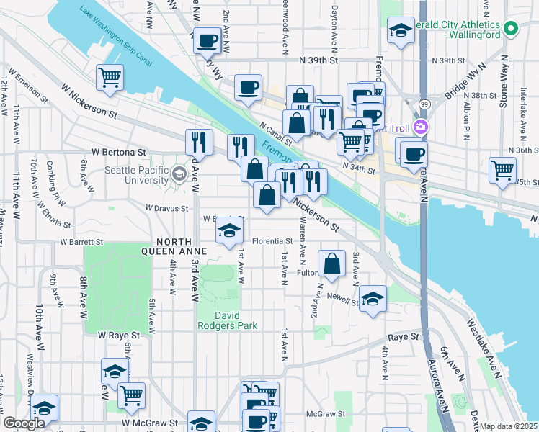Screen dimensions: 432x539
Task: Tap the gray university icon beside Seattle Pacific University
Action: (178, 174)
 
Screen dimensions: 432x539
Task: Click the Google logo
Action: (24, 423)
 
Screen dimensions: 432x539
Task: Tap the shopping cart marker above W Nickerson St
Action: (109, 77)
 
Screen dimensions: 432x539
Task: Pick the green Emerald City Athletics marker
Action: (511, 29)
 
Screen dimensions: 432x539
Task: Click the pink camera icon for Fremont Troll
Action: (421, 127)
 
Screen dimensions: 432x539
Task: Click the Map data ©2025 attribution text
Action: (507, 426)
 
